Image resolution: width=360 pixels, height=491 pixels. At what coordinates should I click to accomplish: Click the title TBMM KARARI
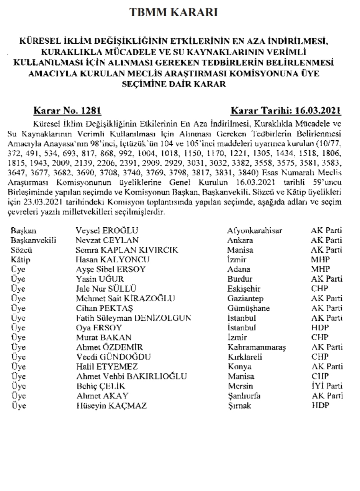pos(174,13)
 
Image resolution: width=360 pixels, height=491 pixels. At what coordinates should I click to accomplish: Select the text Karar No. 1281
pos(68,111)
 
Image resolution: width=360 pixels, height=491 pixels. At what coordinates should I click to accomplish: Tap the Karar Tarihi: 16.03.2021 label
pos(286,111)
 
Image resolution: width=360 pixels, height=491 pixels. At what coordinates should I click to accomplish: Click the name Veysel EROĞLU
pos(107,231)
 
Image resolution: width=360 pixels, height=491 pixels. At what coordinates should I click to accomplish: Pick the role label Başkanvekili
pos(34,240)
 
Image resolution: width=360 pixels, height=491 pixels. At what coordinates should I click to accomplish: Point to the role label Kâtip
pos(20,260)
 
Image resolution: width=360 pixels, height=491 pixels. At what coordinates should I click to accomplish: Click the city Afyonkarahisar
pos(255,231)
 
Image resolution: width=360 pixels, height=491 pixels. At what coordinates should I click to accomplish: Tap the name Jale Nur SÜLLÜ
pos(106,289)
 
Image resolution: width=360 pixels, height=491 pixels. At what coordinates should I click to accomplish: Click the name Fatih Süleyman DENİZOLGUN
pos(134,318)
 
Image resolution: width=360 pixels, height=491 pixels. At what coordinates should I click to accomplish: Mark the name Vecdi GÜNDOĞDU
pos(113,357)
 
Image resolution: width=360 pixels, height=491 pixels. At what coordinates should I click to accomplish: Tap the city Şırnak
pos(239,406)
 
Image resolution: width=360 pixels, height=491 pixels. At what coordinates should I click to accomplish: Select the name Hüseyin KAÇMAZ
pos(111,406)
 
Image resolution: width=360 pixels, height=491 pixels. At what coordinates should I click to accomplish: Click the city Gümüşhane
pos(248,308)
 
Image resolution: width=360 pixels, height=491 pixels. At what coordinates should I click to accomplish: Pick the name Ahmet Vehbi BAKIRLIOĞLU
pos(132,376)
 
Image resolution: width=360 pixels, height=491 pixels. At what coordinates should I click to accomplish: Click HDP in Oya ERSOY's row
pos(321,328)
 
